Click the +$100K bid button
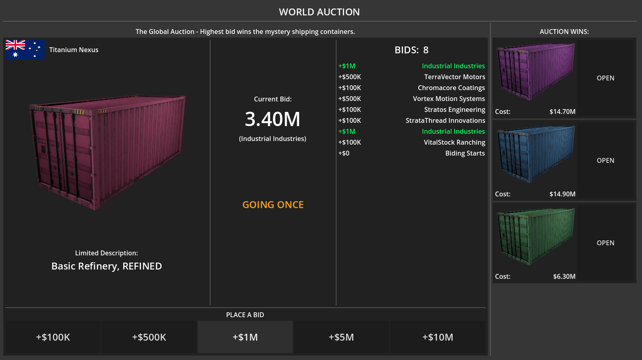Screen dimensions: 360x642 click(x=53, y=337)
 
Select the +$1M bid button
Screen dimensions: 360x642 click(x=245, y=337)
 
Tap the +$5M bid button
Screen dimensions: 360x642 click(x=341, y=337)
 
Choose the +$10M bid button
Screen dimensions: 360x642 click(x=438, y=337)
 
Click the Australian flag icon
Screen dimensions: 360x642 click(x=25, y=50)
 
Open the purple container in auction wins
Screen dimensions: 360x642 click(x=605, y=78)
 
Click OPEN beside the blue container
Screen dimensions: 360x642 click(x=605, y=160)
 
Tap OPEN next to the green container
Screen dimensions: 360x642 click(x=605, y=243)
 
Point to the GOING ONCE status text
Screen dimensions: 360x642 click(x=273, y=205)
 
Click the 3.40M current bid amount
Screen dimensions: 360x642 click(x=273, y=119)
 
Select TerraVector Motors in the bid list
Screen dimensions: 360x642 click(x=454, y=77)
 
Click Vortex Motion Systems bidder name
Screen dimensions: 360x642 click(x=449, y=99)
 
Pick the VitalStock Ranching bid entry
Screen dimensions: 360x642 click(x=454, y=142)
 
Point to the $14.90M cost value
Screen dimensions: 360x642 click(x=562, y=194)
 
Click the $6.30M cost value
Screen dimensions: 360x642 click(x=564, y=276)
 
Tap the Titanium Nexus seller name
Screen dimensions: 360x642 click(x=74, y=50)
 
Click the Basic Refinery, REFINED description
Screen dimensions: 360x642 click(x=107, y=266)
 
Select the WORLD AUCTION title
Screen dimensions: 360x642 click(x=319, y=12)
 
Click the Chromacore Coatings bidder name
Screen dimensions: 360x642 click(x=451, y=88)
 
